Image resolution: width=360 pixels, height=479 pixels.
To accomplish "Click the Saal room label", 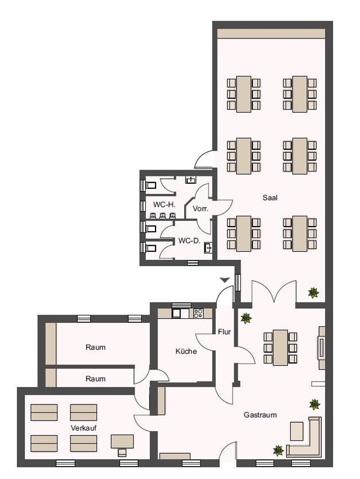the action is tap(270, 198).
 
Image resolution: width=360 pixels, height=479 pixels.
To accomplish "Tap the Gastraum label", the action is tap(260, 415).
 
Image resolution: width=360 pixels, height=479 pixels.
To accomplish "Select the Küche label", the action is tap(186, 351).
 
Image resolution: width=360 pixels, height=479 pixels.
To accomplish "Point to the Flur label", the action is tap(224, 332).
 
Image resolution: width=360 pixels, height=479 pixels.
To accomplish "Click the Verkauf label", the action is tap(84, 428).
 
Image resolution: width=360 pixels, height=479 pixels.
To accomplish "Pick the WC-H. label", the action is tap(164, 205).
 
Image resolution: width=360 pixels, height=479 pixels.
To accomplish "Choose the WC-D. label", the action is tap(189, 241).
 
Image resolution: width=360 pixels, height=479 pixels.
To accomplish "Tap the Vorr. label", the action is tap(201, 209).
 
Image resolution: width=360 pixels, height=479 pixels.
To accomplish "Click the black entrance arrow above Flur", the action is tap(225, 280).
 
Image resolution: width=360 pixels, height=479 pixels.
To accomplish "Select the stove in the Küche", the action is tap(198, 313).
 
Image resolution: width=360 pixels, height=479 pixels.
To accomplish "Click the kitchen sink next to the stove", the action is tap(181, 313).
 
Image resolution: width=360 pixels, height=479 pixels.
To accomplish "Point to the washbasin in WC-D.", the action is tap(208, 248).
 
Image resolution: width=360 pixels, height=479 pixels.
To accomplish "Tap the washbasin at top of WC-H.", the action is tap(191, 180).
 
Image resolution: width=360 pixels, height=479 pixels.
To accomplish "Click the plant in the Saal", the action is tap(314, 293).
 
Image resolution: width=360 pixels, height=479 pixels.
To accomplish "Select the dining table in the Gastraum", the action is tap(281, 348).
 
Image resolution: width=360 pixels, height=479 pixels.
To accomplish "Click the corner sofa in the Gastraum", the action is tap(305, 437).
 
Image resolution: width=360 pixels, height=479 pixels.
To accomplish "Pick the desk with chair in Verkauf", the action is tap(122, 445).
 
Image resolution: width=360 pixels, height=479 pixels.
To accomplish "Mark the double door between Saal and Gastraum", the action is tap(274, 291).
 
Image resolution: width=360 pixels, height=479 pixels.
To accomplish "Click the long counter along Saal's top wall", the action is tap(271, 33).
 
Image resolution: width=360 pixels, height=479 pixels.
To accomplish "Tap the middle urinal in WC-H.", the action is tap(163, 215).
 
